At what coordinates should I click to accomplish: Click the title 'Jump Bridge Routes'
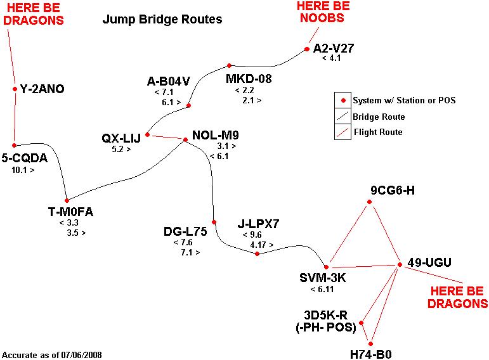[162, 20]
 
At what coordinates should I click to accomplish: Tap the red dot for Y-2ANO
[15, 89]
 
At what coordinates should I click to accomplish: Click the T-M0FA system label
[70, 212]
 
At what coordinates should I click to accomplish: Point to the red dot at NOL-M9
[185, 139]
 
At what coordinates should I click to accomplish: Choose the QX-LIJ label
[122, 138]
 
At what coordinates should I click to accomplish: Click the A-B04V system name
[168, 81]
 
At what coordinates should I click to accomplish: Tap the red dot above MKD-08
[229, 65]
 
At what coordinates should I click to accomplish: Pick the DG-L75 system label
[185, 231]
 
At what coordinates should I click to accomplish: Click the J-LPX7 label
[258, 223]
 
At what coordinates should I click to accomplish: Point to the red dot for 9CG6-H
[369, 202]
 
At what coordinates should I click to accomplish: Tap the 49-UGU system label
[429, 263]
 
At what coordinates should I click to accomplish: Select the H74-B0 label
[371, 354]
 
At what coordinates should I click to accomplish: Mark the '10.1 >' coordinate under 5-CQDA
[23, 170]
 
